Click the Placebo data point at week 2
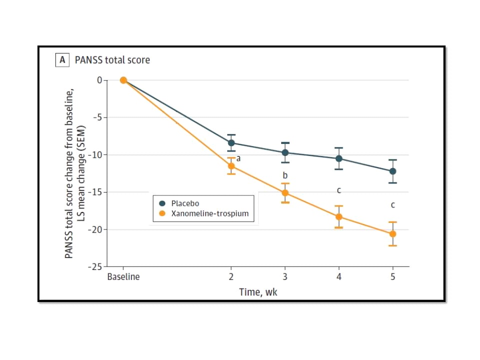pyautogui.click(x=231, y=143)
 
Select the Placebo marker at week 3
pyautogui.click(x=285, y=152)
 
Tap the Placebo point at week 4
pyautogui.click(x=339, y=158)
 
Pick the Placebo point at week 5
pyautogui.click(x=393, y=171)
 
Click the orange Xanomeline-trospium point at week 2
pyautogui.click(x=231, y=166)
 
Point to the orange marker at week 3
pyautogui.click(x=285, y=192)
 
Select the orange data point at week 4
pyautogui.click(x=339, y=216)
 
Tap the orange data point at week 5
pyautogui.click(x=393, y=233)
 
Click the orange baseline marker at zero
pyautogui.click(x=123, y=80)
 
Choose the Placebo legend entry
pyautogui.click(x=185, y=203)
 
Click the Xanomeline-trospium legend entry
pyautogui.click(x=209, y=213)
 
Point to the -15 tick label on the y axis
pyautogui.click(x=95, y=192)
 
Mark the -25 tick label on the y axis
pyautogui.click(x=95, y=267)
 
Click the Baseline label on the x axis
pyautogui.click(x=123, y=277)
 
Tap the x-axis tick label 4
pyautogui.click(x=339, y=277)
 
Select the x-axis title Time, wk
pyautogui.click(x=258, y=292)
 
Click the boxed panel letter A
pyautogui.click(x=62, y=60)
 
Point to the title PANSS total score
pyautogui.click(x=112, y=60)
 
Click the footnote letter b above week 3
pyautogui.click(x=285, y=175)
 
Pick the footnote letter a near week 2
pyautogui.click(x=238, y=158)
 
